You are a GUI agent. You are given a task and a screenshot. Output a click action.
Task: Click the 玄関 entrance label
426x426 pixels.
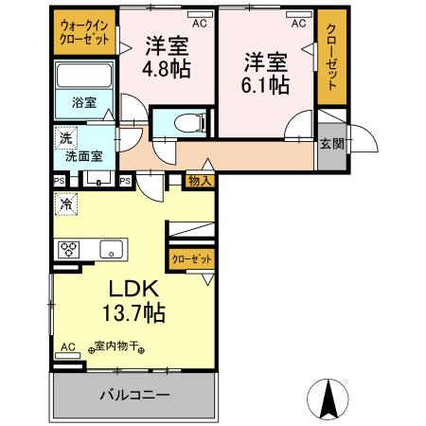[331, 144]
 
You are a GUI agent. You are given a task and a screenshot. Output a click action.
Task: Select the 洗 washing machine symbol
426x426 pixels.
[62, 134]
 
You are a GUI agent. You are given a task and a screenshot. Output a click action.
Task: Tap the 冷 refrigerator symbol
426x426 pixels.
[66, 203]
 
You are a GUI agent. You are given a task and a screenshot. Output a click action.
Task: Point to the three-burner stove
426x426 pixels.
[70, 250]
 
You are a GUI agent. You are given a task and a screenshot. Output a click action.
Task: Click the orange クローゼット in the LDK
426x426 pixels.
[191, 258]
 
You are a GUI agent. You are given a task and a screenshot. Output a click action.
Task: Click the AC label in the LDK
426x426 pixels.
[67, 347]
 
